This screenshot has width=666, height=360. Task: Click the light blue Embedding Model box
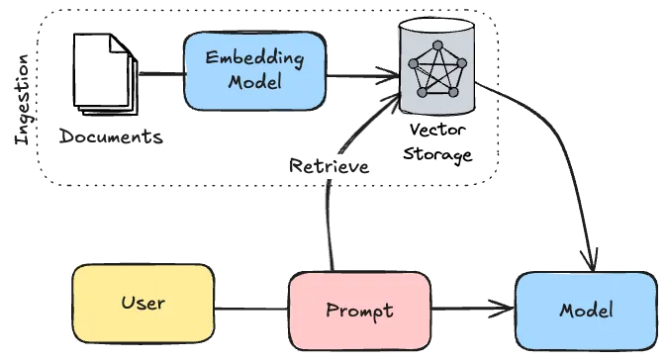254,70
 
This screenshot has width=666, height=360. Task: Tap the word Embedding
254,57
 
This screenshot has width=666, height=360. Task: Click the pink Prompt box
359,311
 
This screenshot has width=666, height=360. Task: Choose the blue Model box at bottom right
586,311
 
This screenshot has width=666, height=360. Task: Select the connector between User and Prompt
250,310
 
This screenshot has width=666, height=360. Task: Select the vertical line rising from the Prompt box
327,227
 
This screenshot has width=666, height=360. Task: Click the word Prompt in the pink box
359,311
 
